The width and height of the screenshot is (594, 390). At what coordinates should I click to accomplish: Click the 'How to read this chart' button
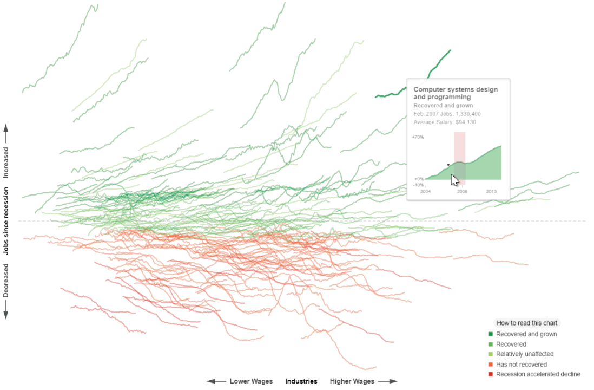click(526, 323)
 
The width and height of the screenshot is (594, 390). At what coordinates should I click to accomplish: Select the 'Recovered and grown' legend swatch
click(491, 334)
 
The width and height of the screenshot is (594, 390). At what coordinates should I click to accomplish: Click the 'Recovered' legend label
click(511, 344)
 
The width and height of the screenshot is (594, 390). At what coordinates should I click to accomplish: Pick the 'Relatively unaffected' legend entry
click(524, 354)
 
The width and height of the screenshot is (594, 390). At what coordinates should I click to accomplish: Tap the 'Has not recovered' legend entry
click(521, 365)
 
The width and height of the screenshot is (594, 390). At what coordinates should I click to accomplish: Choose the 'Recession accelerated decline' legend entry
click(538, 374)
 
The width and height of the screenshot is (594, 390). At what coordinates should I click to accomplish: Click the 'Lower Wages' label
click(250, 381)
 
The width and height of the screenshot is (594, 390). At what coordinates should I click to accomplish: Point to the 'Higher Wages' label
click(352, 381)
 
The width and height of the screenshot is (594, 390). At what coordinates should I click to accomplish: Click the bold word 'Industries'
click(301, 381)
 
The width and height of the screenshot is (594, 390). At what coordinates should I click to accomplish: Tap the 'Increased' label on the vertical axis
click(6, 162)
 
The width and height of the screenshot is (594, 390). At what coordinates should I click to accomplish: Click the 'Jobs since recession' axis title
click(6, 221)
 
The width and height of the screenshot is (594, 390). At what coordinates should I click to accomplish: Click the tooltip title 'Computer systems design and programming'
click(455, 93)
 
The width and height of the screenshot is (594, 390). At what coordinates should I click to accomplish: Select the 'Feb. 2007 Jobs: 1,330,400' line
click(447, 114)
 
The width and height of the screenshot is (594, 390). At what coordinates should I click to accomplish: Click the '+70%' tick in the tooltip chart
click(418, 137)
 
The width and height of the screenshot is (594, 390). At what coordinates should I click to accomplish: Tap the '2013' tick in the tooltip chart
click(491, 192)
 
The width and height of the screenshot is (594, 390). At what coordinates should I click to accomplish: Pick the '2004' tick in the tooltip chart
click(425, 192)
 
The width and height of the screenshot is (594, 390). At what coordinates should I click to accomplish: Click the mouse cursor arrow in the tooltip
click(454, 180)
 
